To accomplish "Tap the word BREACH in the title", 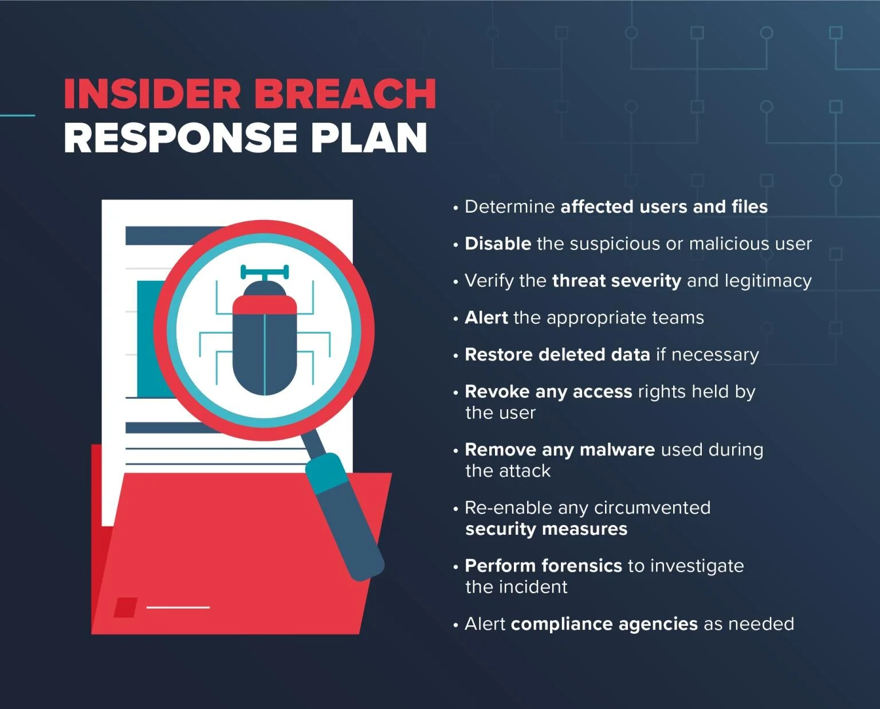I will coord(344,94).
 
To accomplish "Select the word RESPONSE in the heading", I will coord(180,138).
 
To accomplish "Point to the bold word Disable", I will coord(497,244).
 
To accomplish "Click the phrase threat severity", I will coord(616,281).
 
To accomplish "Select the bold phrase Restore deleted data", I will coord(557,355).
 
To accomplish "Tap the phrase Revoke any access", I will coord(548,391).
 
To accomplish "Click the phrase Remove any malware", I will coord(559,450).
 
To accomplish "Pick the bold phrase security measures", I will coord(546,529).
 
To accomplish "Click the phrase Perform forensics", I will coord(543,566).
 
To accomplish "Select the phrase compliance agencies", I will coord(604,624).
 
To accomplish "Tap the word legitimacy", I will coord(768,281).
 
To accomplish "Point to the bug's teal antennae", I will coord(264,271).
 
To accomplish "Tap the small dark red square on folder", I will coord(125,608).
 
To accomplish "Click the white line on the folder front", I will coord(178,607).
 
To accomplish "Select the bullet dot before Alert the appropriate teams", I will coord(455,319).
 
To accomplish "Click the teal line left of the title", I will coord(17,116).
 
